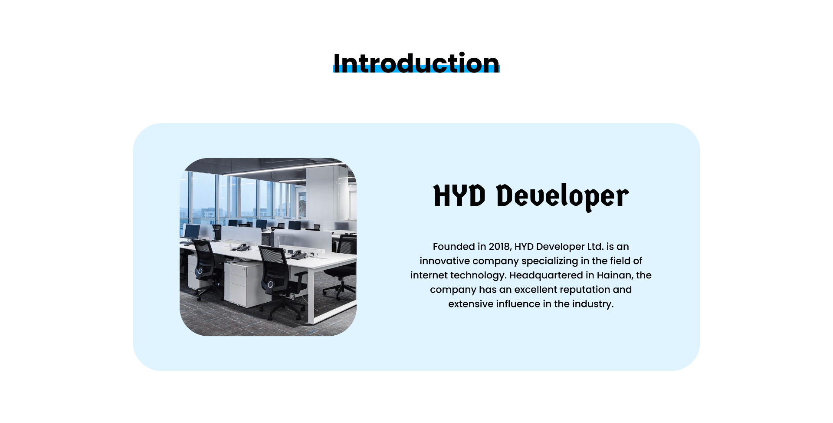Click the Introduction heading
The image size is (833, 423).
coord(416,63)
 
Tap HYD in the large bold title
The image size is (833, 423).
coord(459,195)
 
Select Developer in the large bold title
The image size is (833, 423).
coord(563,197)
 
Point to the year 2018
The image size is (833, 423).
coord(499,247)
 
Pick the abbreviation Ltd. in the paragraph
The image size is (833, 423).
coord(595,246)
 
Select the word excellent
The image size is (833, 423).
coord(536,289)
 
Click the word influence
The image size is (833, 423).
coord(518,304)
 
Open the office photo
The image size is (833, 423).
coord(268,247)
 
